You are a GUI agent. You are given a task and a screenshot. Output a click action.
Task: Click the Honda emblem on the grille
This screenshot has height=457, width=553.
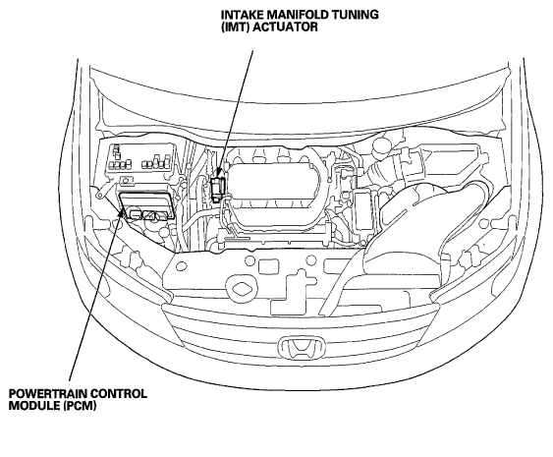click(x=302, y=347)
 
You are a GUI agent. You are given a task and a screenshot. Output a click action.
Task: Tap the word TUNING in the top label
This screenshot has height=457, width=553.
click(x=357, y=15)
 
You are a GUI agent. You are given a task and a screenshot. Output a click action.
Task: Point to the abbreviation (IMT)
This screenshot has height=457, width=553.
click(x=235, y=28)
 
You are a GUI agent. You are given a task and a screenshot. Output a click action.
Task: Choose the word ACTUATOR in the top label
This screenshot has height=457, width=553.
click(x=286, y=28)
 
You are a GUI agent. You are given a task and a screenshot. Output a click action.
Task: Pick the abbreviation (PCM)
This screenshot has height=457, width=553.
click(x=81, y=406)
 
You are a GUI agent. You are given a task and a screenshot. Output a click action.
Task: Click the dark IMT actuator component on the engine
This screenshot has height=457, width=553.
click(x=216, y=188)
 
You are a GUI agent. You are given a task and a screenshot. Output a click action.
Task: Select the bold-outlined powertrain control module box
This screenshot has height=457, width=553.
click(x=146, y=205)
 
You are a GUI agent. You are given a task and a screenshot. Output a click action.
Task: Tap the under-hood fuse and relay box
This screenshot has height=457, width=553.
click(x=140, y=159)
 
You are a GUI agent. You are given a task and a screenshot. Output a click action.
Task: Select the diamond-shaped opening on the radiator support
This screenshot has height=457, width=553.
click(x=242, y=283)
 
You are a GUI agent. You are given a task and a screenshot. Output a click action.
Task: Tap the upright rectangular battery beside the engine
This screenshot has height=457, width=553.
click(x=364, y=211)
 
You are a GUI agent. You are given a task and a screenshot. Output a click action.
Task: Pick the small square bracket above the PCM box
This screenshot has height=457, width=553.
click(x=127, y=180)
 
